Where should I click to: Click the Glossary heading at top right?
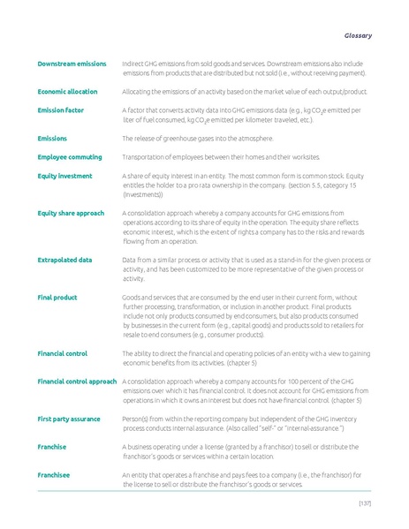(357, 35)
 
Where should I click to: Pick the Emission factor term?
(61, 110)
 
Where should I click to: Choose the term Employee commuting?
(71, 156)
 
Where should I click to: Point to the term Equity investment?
(65, 176)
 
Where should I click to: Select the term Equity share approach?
(71, 213)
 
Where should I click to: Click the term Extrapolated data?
(65, 260)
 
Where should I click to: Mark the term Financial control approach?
(78, 382)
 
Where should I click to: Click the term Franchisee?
(55, 475)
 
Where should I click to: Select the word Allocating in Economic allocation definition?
(137, 91)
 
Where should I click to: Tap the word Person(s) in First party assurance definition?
(136, 419)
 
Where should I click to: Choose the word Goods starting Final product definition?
(133, 298)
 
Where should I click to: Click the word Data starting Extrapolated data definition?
(130, 260)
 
